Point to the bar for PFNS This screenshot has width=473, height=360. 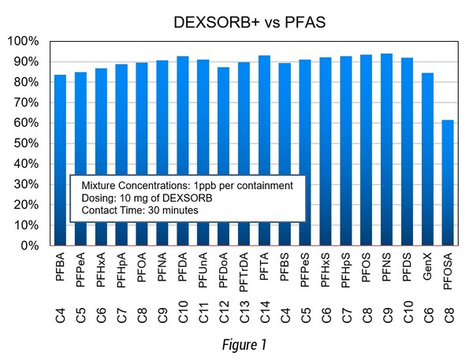click(x=388, y=150)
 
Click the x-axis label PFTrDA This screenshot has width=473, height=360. click(x=244, y=273)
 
